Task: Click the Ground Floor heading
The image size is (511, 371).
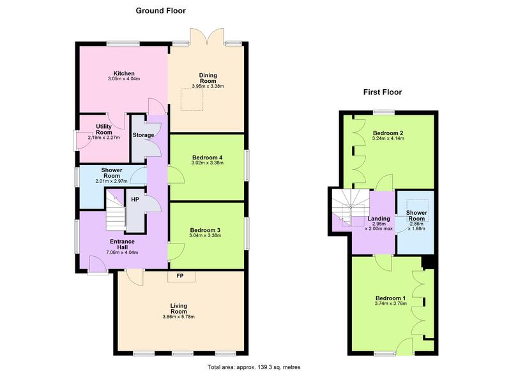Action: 161,11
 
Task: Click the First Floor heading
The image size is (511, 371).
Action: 383,92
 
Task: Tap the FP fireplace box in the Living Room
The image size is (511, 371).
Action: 181,277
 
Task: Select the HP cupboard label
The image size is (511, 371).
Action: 135,200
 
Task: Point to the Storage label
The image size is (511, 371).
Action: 143,135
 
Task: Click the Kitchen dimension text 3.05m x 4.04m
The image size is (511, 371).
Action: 124,78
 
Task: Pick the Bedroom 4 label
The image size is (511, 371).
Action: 207,157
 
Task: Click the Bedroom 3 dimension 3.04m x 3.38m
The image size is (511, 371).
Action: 205,235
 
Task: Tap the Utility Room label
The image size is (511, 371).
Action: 104,129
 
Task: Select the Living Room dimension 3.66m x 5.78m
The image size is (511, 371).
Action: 179,316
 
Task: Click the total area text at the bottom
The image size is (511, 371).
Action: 254,367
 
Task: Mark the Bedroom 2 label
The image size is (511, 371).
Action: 388,133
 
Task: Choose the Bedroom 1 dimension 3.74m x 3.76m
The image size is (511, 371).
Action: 391,303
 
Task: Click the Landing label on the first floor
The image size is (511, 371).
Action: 379,219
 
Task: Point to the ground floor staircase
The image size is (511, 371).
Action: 116,210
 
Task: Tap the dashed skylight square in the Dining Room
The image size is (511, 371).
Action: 192,99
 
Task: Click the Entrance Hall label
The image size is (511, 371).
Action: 122,244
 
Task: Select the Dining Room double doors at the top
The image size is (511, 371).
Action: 206,36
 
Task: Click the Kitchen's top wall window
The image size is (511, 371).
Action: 123,43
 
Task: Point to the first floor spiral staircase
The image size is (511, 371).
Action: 351,207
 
